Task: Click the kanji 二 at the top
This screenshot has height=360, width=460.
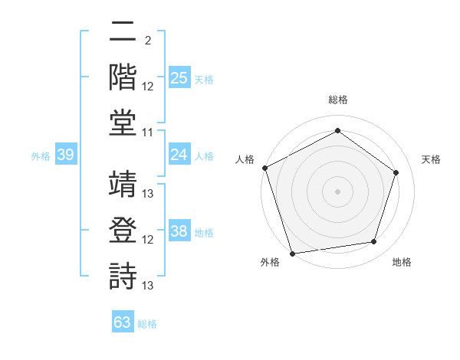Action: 123,33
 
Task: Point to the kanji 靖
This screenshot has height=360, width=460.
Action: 123,184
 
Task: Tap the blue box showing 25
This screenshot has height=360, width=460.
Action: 179,78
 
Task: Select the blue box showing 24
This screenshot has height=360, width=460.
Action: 179,155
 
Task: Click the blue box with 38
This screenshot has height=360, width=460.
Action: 179,232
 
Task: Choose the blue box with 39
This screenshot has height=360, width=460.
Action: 65,155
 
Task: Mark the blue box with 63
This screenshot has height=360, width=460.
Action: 123,322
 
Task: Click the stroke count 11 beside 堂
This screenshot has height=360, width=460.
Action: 149,133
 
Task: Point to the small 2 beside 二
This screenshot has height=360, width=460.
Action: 147,41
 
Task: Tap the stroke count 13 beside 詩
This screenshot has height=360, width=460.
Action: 149,286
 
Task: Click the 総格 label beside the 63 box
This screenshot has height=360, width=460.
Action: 147,324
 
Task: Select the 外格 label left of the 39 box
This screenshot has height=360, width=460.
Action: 41,156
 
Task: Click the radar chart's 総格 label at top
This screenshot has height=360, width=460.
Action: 337,100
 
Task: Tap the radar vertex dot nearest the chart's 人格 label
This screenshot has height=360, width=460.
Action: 264,168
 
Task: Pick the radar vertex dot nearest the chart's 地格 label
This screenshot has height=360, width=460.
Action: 374,242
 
